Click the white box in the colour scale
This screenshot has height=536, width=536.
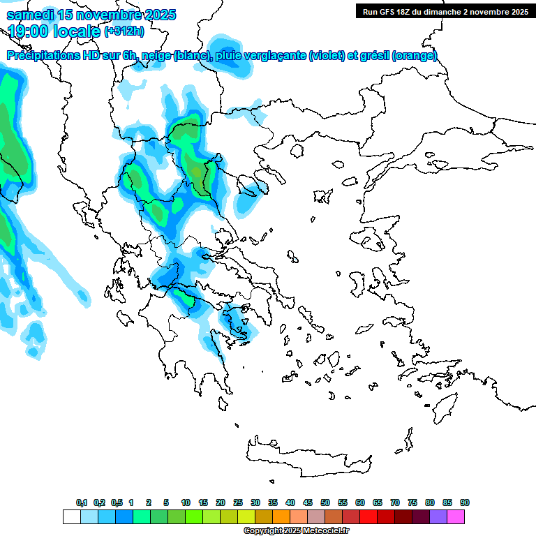coord(71,516)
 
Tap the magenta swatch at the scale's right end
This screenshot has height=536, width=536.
coord(456,516)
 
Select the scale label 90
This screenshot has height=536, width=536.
coord(465,502)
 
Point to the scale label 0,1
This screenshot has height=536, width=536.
coord(82,502)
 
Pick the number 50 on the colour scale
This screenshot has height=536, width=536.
coord(325,502)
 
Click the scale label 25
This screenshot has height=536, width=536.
coord(238,502)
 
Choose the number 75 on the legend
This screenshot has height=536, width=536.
coord(412,502)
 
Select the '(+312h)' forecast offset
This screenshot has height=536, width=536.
coord(124,31)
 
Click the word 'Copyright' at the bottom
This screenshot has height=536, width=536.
coord(264,530)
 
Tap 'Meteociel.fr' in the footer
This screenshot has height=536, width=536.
coord(326,530)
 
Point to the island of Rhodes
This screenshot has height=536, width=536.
coord(445,405)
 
